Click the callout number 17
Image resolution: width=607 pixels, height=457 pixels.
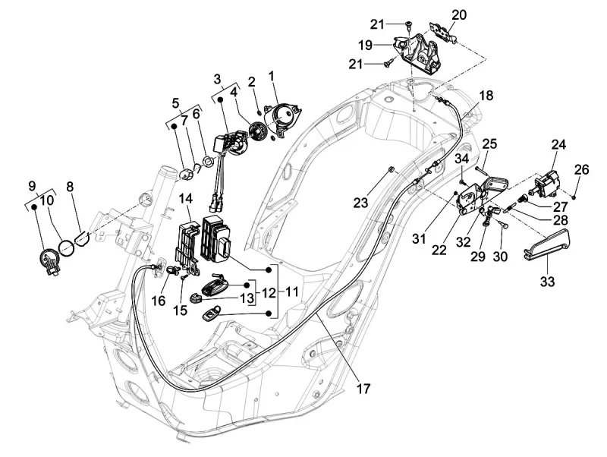363,388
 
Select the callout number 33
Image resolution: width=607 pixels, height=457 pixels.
547,282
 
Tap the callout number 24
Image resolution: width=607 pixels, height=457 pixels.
559,144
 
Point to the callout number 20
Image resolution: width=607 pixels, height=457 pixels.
458,14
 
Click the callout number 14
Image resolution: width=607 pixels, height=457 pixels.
185,199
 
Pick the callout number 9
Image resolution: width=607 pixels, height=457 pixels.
33,185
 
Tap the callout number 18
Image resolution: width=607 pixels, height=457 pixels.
486,96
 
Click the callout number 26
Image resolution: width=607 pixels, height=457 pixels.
581,169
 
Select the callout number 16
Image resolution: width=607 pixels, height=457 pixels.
158,301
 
